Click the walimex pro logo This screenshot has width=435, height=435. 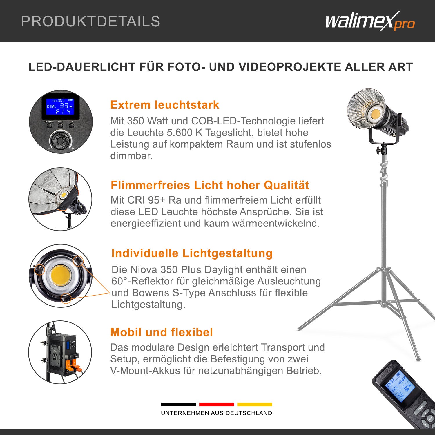click(370, 21)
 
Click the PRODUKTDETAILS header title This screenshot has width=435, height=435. click(90, 21)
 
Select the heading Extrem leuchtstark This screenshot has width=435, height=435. click(164, 105)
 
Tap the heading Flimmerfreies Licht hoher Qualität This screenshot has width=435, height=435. click(210, 185)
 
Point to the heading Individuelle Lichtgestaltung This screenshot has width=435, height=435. click(192, 253)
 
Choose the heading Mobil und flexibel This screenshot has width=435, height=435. click(162, 332)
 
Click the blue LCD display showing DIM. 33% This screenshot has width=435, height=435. click(60, 106)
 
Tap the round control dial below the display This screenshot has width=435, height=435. click(61, 141)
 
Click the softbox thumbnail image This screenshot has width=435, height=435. click(60, 199)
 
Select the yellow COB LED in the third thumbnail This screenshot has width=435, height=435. click(60, 275)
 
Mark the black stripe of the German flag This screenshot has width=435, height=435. click(178, 404)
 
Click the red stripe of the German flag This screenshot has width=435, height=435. click(216, 404)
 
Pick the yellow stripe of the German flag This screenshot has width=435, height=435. click(255, 404)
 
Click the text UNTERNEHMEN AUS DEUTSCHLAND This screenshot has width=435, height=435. click(216, 413)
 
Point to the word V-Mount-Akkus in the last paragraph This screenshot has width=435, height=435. click(144, 371)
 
